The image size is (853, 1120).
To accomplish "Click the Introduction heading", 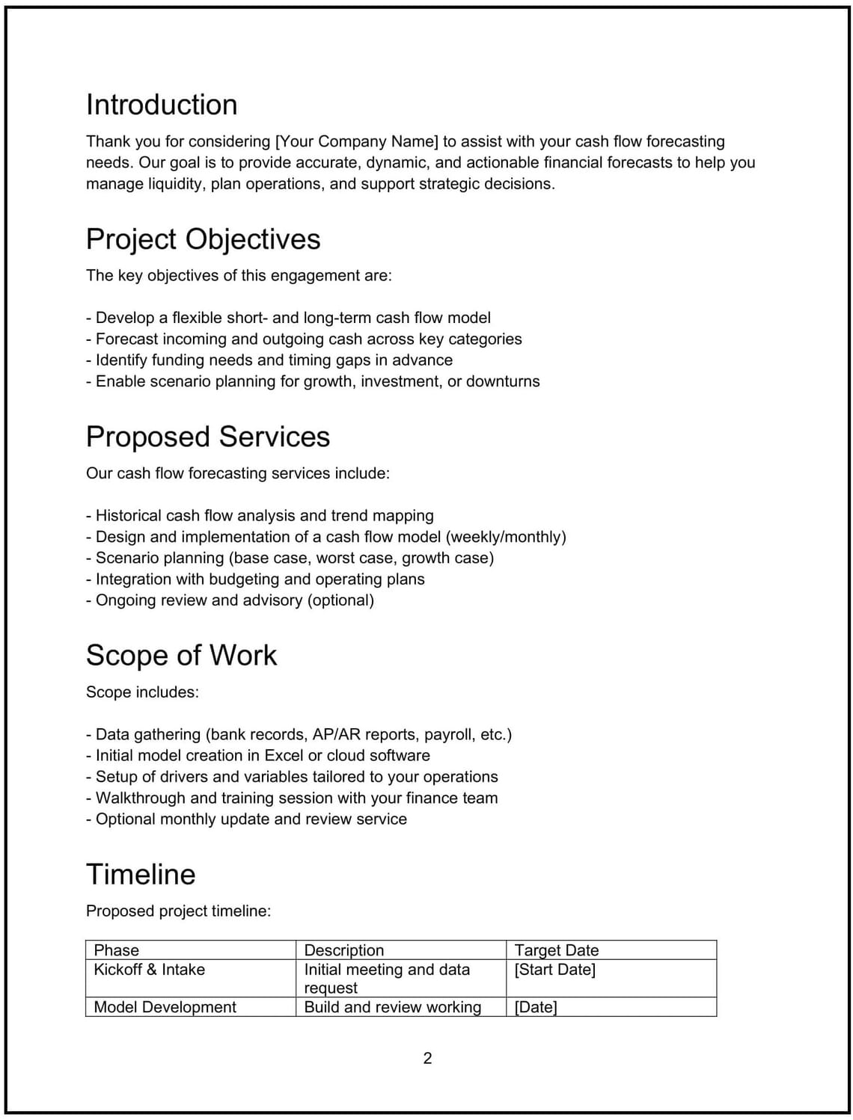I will click(x=162, y=105).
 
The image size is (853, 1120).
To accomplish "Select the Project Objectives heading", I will click(x=203, y=239).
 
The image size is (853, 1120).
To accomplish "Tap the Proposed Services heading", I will click(x=208, y=437).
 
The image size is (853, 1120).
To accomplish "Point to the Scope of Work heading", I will click(x=181, y=655).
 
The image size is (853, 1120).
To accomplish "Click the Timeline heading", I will click(x=141, y=874).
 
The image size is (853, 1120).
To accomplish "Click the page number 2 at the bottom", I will click(x=427, y=1058).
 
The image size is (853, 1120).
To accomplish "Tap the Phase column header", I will click(x=117, y=950).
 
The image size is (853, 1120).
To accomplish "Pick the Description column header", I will click(x=343, y=950).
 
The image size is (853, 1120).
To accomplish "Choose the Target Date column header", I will click(x=557, y=950).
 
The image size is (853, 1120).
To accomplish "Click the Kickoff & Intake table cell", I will click(x=150, y=970).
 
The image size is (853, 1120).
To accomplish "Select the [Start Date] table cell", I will click(x=555, y=970).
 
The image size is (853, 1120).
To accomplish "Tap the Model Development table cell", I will click(x=165, y=1007).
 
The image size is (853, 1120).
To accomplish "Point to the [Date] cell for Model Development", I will click(x=536, y=1007).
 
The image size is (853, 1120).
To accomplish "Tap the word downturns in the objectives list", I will click(x=503, y=381).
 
